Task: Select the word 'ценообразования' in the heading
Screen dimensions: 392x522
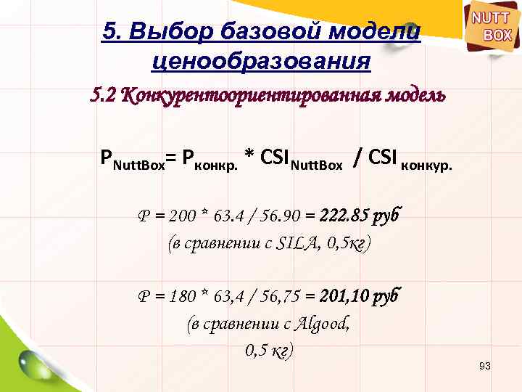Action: [261, 61]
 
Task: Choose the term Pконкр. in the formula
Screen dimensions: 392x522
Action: [210, 159]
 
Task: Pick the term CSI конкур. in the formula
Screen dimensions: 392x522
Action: [410, 159]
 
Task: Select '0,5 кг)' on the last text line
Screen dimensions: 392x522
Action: [269, 351]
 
